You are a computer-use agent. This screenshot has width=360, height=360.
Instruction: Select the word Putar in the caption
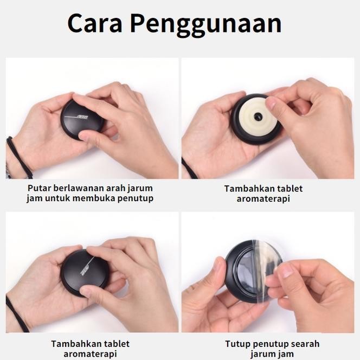tap(40, 188)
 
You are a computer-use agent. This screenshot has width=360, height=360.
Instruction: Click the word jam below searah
tap(286, 354)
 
